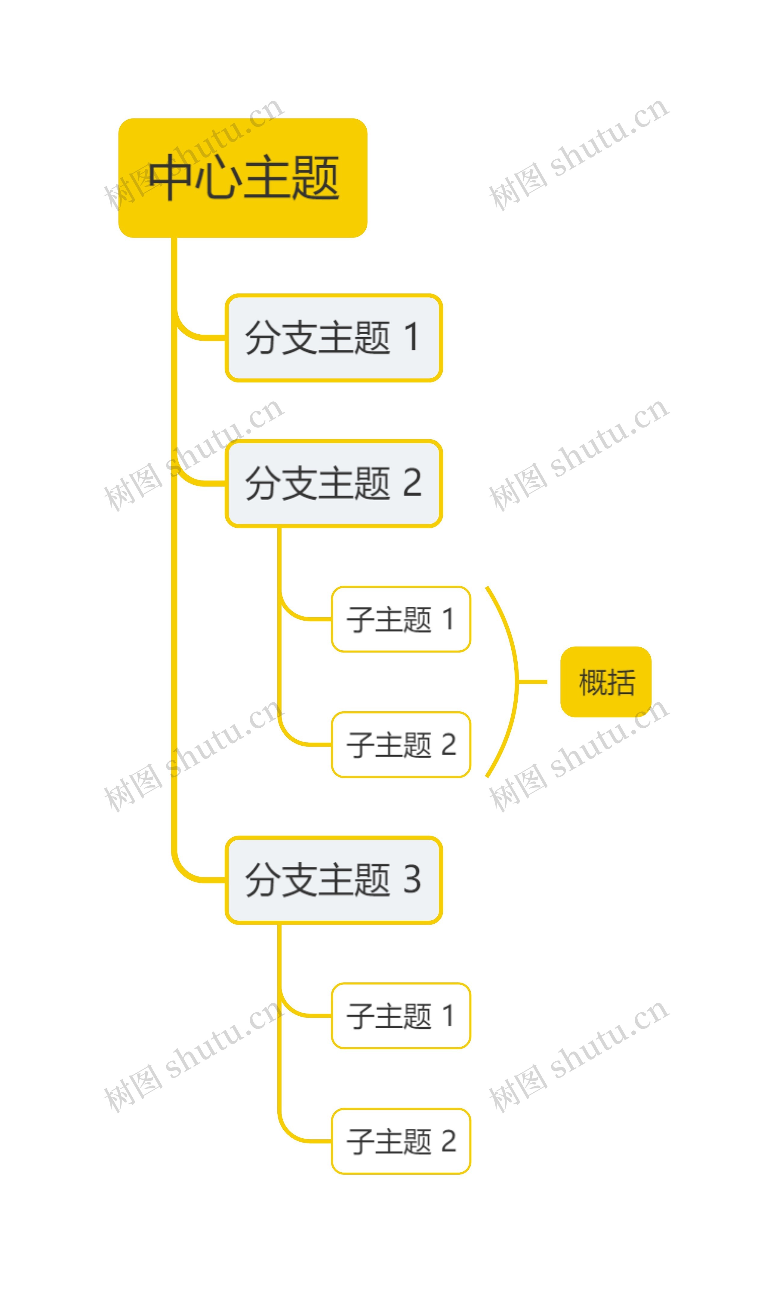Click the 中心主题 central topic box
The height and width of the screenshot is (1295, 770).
(243, 178)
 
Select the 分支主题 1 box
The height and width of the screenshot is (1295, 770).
(334, 338)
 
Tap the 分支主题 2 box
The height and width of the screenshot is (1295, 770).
(334, 483)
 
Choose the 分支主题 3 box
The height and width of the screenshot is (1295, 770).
(334, 880)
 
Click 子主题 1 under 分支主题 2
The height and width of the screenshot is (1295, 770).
(401, 619)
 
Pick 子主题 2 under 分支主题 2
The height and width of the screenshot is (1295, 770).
(401, 745)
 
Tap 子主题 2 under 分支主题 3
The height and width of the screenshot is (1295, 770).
(401, 1141)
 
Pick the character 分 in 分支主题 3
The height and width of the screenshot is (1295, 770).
(261, 880)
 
